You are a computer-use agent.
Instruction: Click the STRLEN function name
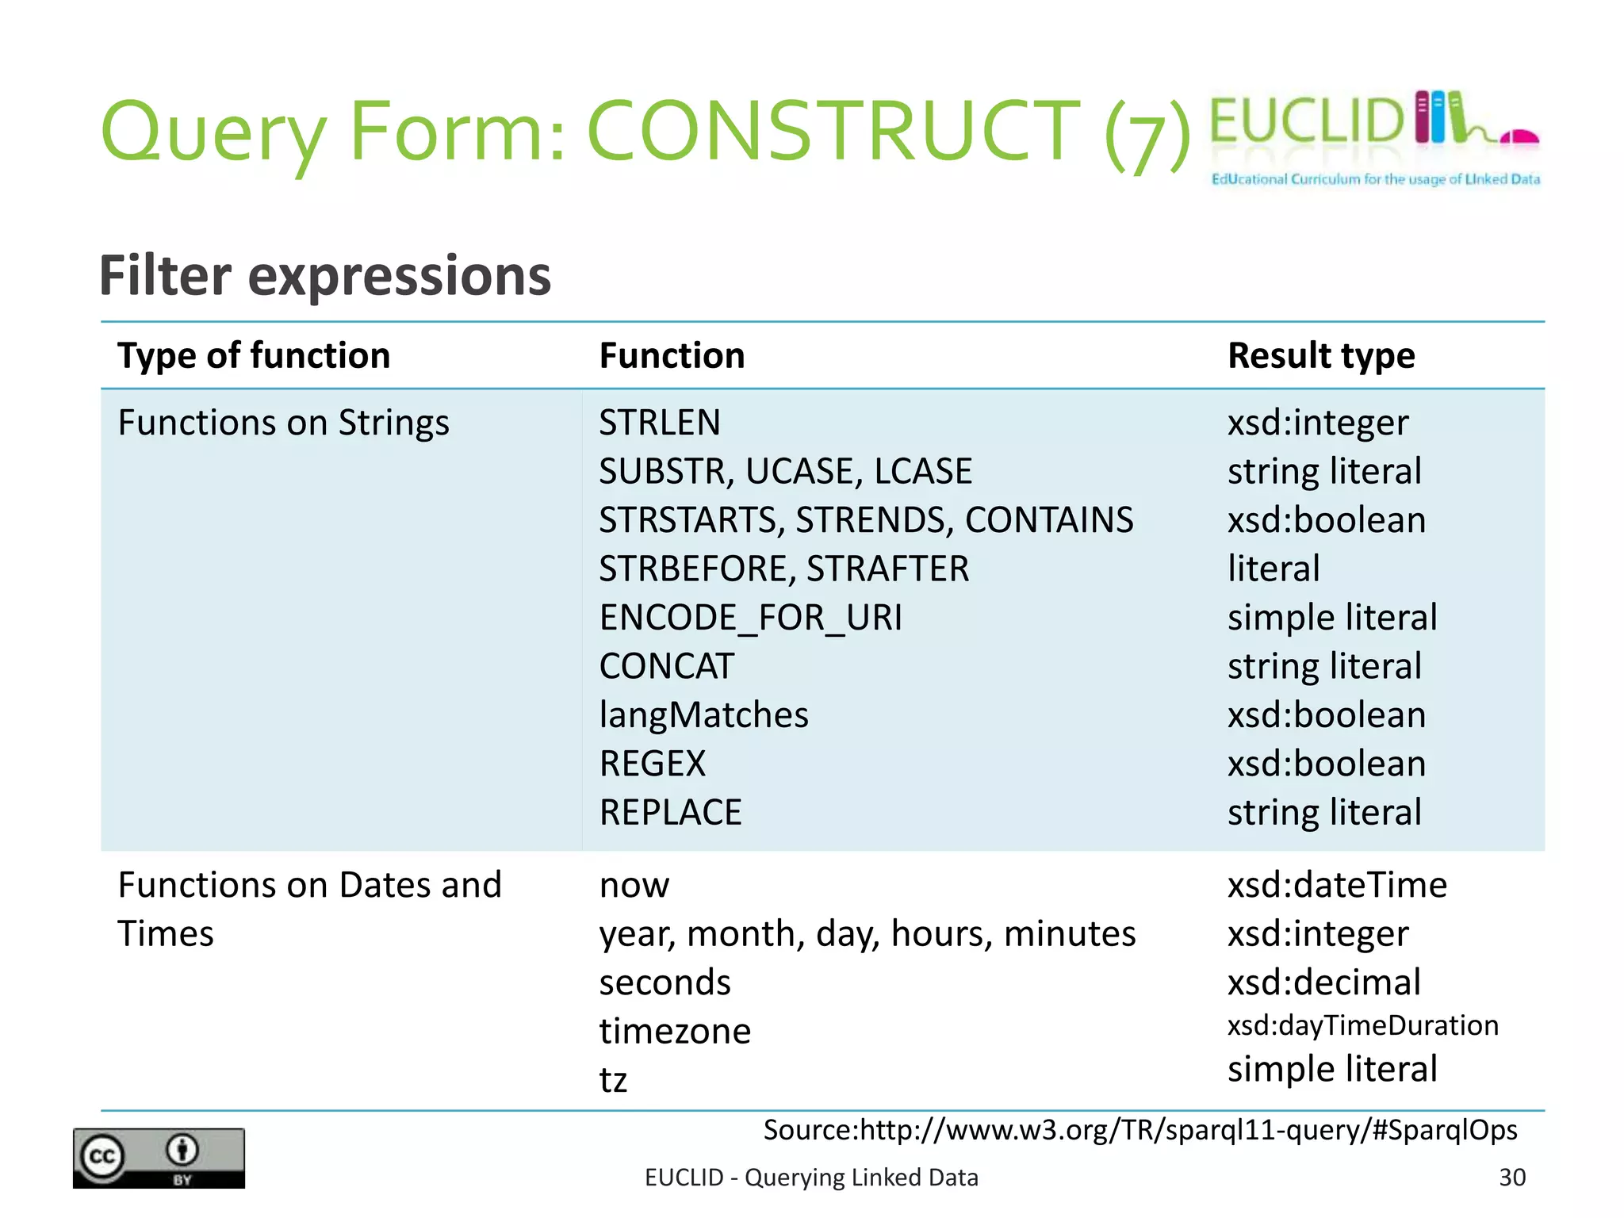659,423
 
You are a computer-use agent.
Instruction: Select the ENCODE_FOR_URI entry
750,618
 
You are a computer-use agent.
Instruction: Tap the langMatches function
703,715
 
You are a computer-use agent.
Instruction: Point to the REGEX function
652,764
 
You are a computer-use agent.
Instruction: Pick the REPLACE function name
670,813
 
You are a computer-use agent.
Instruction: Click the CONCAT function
666,666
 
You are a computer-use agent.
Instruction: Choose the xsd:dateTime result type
1337,885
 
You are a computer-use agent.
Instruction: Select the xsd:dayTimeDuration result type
1362,1025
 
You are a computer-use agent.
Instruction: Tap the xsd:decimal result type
1323,982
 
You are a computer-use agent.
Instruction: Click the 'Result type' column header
1321,355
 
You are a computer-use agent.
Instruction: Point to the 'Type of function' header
254,355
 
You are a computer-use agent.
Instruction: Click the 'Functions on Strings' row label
283,423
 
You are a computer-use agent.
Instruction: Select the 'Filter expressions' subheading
324,276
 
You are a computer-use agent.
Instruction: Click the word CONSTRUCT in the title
833,131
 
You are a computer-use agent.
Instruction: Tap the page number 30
1511,1178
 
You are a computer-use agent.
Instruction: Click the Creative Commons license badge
159,1158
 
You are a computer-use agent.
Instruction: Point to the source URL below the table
1139,1130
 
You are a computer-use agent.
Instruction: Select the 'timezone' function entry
675,1032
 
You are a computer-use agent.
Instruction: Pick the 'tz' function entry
613,1080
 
